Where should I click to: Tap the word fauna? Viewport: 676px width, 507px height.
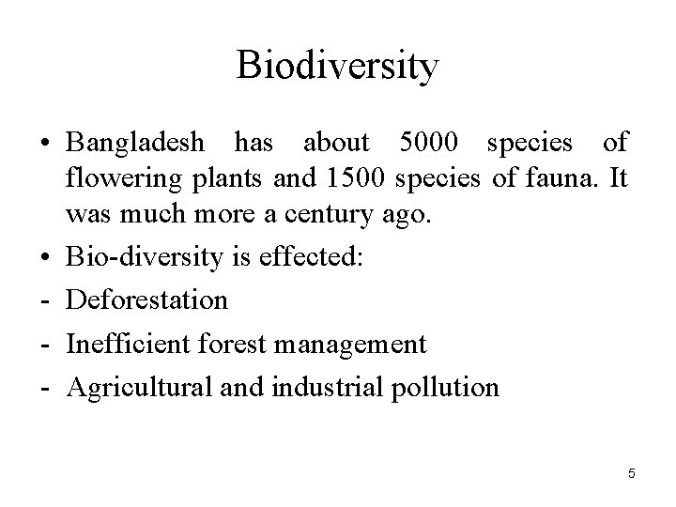tap(548, 178)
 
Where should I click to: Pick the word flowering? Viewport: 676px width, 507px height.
tap(115, 178)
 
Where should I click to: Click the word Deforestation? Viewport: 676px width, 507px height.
tap(146, 301)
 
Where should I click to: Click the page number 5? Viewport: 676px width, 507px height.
tap(631, 474)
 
